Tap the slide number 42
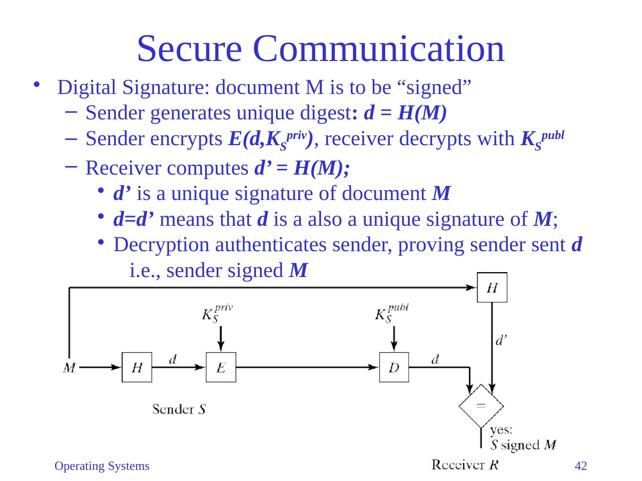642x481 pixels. click(580, 466)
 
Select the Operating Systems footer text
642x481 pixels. click(102, 466)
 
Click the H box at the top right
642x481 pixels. click(492, 287)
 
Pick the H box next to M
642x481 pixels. click(137, 367)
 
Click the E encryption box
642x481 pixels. click(221, 367)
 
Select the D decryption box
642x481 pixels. click(394, 367)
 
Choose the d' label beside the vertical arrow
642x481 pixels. click(501, 341)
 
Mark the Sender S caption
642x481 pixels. click(179, 409)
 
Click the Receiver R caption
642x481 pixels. click(465, 465)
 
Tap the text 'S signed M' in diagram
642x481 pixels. click(523, 444)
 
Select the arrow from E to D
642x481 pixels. click(308, 367)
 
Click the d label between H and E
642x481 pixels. click(172, 360)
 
